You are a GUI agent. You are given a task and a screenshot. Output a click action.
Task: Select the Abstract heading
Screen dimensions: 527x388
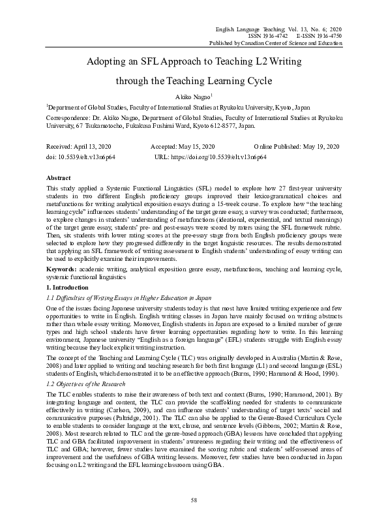[x=58, y=177]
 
